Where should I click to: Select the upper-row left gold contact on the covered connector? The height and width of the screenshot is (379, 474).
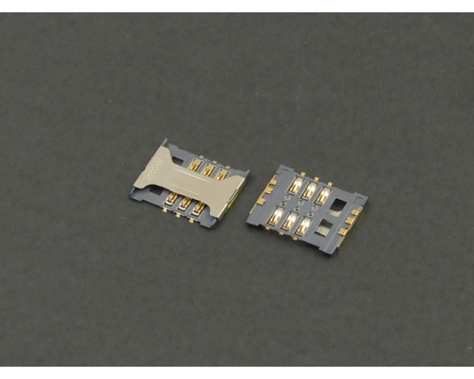pos(195,164)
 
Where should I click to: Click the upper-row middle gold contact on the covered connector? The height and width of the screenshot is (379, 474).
pos(209,170)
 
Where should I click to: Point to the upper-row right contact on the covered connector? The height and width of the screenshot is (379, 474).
pos(222,174)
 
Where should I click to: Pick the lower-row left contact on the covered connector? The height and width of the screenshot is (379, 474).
pos(172,200)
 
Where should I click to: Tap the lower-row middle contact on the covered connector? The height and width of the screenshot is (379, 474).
pos(185,206)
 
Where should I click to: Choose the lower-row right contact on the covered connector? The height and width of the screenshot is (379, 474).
pos(198,210)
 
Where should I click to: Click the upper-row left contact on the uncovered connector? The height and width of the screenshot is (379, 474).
pos(296,186)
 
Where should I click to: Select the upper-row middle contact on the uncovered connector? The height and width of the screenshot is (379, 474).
pos(309,190)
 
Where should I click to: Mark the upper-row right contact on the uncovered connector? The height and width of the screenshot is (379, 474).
pos(323,196)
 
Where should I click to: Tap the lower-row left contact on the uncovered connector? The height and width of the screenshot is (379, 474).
pos(276,216)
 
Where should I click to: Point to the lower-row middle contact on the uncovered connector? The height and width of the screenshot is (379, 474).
pos(289,222)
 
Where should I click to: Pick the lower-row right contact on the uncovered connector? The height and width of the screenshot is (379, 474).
pos(303,227)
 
